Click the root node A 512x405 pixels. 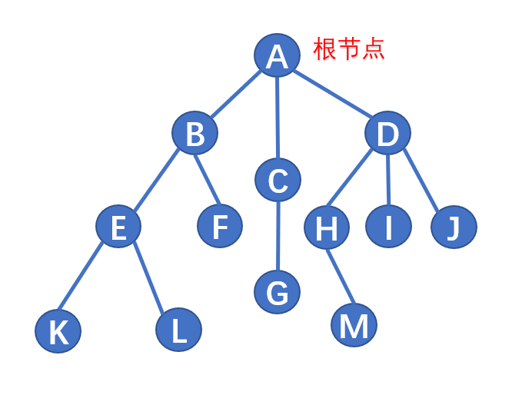(278, 56)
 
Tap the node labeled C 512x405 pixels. (278, 180)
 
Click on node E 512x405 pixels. (118, 227)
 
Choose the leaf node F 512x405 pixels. (220, 227)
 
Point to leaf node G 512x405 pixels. (278, 291)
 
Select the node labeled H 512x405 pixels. (327, 227)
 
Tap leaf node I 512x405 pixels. (388, 227)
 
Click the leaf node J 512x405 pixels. (454, 227)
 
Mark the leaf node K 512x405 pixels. (58, 331)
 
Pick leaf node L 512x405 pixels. (178, 330)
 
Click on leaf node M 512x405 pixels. (354, 326)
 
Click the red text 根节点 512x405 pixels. (348, 50)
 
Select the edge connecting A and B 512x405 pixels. (236, 95)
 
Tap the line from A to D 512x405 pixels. (333, 95)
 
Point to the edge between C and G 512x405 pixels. (278, 236)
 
